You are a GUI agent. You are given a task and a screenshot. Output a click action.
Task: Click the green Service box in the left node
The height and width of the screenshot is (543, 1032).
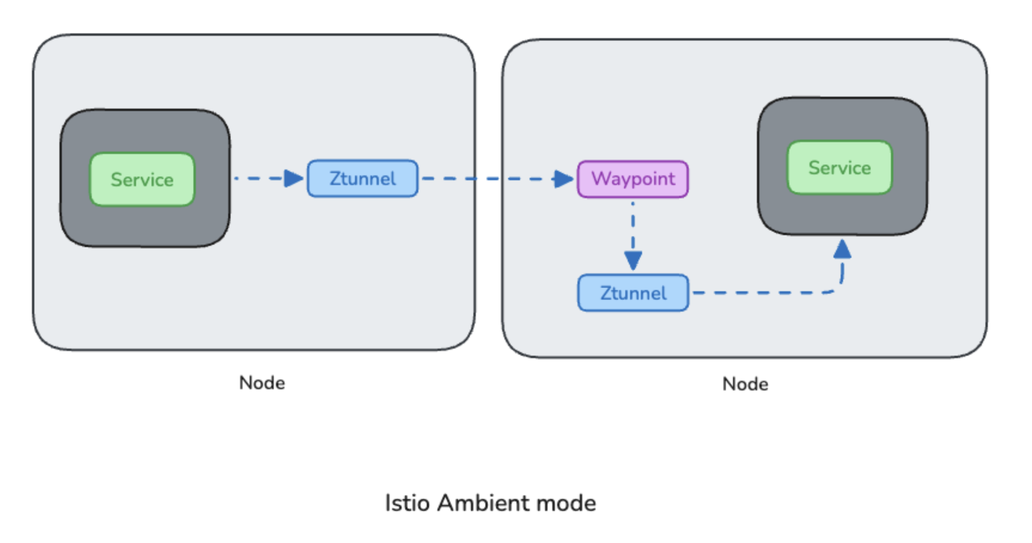click(x=142, y=179)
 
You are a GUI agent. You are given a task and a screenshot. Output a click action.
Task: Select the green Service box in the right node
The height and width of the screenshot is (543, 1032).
click(x=840, y=167)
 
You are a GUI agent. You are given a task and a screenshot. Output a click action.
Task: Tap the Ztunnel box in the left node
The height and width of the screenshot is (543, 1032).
click(x=363, y=179)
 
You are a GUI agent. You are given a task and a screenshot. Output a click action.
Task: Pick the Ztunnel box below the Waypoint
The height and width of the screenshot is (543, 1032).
click(x=633, y=293)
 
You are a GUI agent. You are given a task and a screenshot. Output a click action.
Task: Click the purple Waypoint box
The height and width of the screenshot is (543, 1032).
click(x=633, y=179)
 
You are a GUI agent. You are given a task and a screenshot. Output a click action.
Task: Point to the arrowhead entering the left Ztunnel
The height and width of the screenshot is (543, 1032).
click(x=293, y=178)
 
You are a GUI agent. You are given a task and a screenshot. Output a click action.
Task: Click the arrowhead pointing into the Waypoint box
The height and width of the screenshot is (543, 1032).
click(x=563, y=179)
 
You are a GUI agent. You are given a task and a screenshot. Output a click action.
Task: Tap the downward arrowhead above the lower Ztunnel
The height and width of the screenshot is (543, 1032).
click(x=633, y=260)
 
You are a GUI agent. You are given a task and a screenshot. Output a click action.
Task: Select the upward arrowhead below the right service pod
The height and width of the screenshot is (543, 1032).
click(x=842, y=249)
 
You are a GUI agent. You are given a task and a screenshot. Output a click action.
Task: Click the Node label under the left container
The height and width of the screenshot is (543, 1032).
click(x=262, y=383)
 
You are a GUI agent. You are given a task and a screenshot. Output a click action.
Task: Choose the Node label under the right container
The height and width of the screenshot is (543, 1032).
click(x=745, y=384)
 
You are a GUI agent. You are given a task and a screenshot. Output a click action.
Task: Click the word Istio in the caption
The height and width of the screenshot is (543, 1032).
click(x=407, y=503)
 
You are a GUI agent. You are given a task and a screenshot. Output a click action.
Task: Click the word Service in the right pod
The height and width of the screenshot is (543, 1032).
click(x=840, y=167)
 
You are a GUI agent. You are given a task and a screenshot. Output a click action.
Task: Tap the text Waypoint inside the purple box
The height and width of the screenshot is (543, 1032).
click(x=633, y=179)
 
